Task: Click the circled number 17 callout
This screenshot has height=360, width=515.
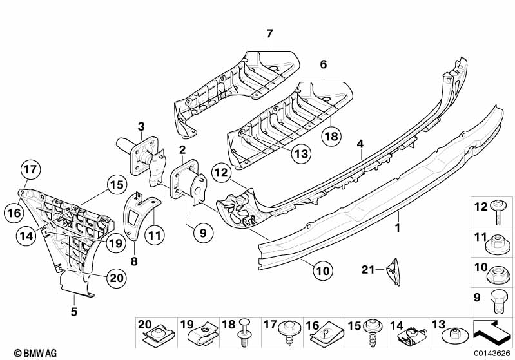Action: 30,171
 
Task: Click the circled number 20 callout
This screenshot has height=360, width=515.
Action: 117,278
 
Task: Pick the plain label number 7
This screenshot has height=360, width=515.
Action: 269,33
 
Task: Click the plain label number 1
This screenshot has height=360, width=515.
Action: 397,228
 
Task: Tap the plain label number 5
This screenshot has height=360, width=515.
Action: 74,312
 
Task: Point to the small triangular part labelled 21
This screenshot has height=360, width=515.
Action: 394,270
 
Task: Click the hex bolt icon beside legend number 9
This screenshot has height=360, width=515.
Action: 499,299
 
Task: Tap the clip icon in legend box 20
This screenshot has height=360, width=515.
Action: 156,335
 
